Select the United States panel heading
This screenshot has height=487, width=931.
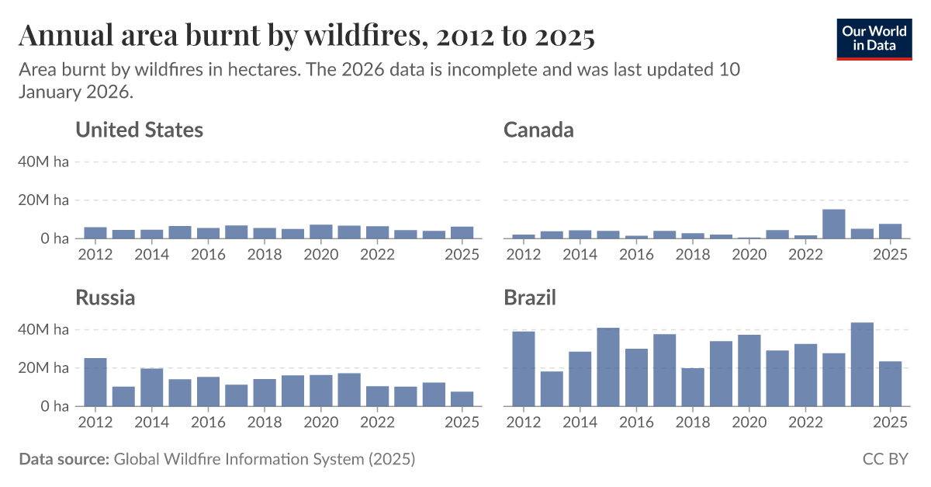tap(139, 130)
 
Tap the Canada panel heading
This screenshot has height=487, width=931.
tap(538, 130)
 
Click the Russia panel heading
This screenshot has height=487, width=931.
tap(105, 297)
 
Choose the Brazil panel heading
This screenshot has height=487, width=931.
tap(530, 297)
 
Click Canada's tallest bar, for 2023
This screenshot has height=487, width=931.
tap(834, 224)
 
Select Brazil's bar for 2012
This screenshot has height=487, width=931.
tap(524, 369)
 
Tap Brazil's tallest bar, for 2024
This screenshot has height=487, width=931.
tap(862, 364)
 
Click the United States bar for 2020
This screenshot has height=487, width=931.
tap(321, 231)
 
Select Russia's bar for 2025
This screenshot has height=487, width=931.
tap(462, 398)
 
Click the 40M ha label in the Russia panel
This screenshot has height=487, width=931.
tap(43, 329)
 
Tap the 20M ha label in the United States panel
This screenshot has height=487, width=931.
tap(43, 200)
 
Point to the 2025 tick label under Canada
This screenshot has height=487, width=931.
tap(890, 255)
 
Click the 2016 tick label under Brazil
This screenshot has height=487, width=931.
tap(636, 423)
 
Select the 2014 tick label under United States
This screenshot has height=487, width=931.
tap(151, 255)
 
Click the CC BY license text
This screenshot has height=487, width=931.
tap(885, 459)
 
